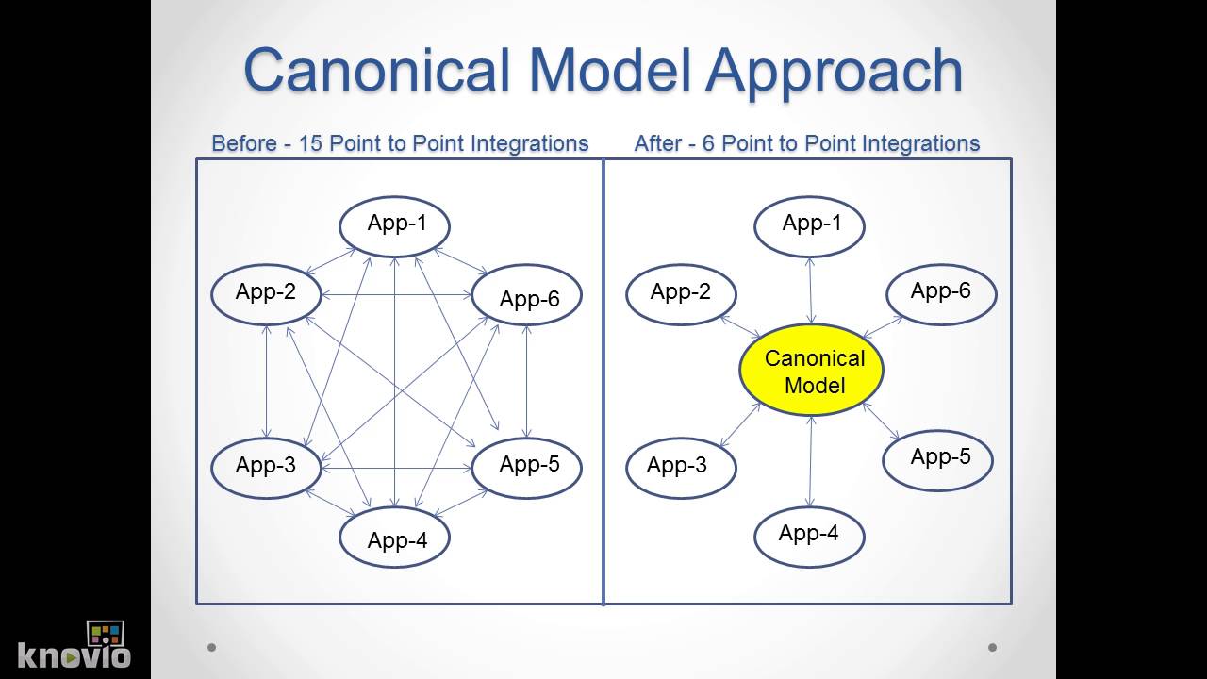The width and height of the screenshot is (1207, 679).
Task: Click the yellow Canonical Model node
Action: point(811,371)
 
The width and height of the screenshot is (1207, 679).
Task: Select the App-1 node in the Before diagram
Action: point(395,225)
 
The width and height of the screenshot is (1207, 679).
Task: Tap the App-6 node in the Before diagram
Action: point(526,296)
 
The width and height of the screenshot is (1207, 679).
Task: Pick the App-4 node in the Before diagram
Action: point(395,538)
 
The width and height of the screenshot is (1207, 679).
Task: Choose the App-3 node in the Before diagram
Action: point(265,467)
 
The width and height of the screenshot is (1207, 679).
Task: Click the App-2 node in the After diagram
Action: point(680,294)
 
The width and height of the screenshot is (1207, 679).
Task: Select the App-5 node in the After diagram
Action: point(938,459)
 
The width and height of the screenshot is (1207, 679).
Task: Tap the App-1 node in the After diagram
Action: point(810,226)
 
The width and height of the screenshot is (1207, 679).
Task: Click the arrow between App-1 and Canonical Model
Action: point(810,290)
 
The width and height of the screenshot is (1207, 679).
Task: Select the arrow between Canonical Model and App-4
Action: point(809,461)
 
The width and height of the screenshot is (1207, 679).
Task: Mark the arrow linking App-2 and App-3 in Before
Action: point(267,381)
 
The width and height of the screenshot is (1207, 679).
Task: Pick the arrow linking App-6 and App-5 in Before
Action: point(526,381)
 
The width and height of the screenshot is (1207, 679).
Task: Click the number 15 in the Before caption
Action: point(310,143)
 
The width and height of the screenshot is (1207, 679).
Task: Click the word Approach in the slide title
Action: point(834,72)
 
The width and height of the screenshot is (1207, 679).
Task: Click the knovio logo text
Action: point(74,654)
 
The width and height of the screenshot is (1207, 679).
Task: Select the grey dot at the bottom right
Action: point(992,647)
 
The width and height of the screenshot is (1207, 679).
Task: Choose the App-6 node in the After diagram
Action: point(940,293)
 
